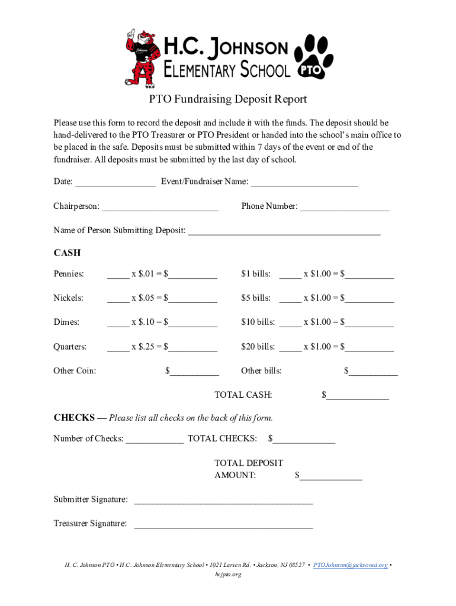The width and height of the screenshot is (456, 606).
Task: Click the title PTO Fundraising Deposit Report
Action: (227, 99)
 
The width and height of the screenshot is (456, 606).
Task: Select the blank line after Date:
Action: (115, 183)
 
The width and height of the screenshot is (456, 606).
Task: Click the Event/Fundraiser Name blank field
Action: (304, 183)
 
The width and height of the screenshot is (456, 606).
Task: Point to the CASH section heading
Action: (67, 253)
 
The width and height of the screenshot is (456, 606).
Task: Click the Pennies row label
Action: (69, 274)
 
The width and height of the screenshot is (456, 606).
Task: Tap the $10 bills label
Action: (258, 323)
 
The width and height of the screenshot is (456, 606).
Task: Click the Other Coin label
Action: (75, 371)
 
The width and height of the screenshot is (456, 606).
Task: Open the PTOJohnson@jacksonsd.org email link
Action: (351, 565)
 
